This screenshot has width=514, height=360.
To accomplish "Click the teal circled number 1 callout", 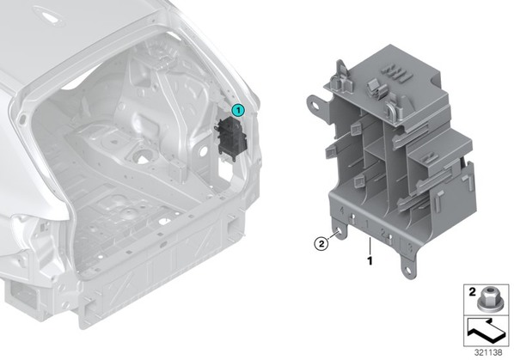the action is pyautogui.click(x=238, y=111).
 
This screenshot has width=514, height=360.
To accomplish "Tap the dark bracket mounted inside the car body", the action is pyautogui.click(x=229, y=139).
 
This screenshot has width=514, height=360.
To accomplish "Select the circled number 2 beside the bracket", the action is pyautogui.click(x=321, y=243).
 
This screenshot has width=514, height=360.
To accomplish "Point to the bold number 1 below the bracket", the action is pyautogui.click(x=370, y=260).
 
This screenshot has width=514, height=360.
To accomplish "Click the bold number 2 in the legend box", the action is pyautogui.click(x=472, y=292).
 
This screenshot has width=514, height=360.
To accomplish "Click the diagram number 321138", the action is pyautogui.click(x=488, y=353).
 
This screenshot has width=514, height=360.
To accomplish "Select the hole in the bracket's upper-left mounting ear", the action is pyautogui.click(x=316, y=106).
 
